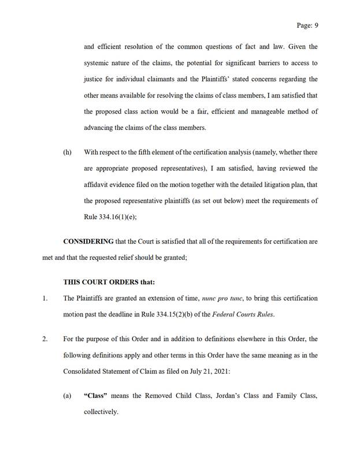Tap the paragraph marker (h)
[67, 152]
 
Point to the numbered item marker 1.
[44, 298]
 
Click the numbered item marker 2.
[44, 339]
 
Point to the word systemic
[97, 63]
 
